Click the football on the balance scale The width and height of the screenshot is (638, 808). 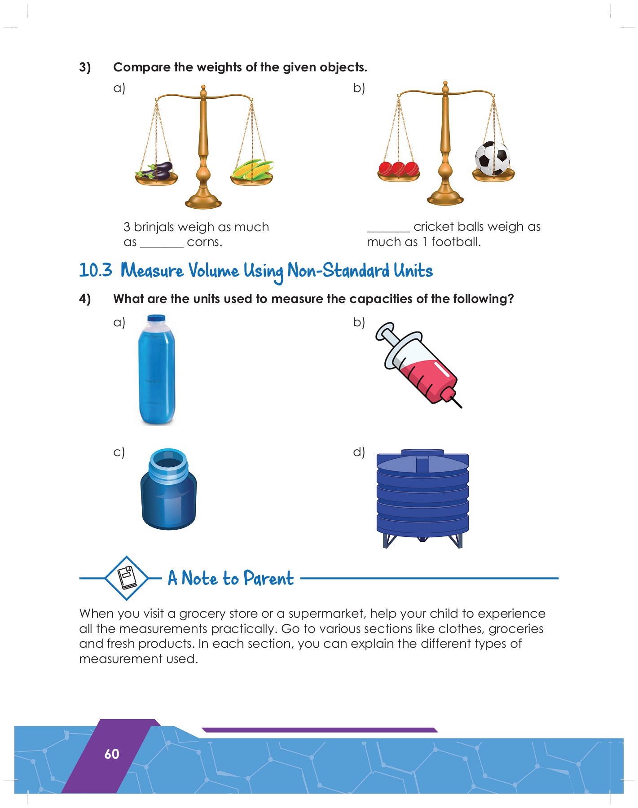click(493, 158)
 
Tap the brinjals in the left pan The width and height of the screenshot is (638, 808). click(155, 171)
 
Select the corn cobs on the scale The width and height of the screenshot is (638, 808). click(252, 170)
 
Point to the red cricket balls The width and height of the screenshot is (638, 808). click(399, 169)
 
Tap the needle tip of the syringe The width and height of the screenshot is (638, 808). click(461, 407)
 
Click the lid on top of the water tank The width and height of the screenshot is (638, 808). click(422, 452)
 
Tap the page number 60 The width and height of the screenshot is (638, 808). click(112, 754)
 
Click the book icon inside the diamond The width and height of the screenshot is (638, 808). click(127, 578)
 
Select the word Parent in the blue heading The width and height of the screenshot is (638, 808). click(268, 578)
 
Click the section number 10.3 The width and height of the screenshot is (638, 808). click(96, 270)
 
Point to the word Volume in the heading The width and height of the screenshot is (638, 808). click(214, 271)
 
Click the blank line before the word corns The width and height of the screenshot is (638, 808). click(162, 246)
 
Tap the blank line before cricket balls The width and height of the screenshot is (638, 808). click(388, 231)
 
